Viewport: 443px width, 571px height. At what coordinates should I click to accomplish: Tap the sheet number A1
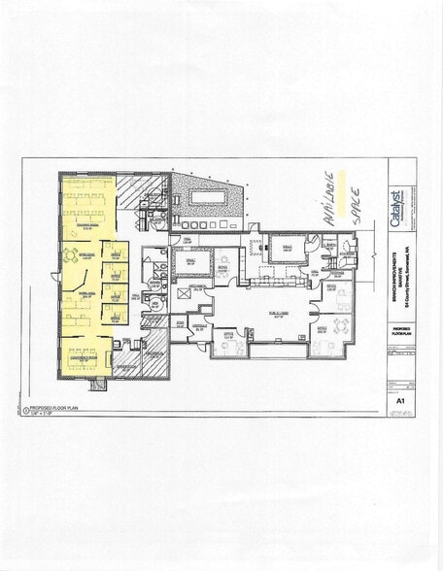[398, 398]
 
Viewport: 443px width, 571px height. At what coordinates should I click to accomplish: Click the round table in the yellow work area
[69, 255]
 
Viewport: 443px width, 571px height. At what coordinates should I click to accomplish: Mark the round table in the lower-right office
[342, 325]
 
